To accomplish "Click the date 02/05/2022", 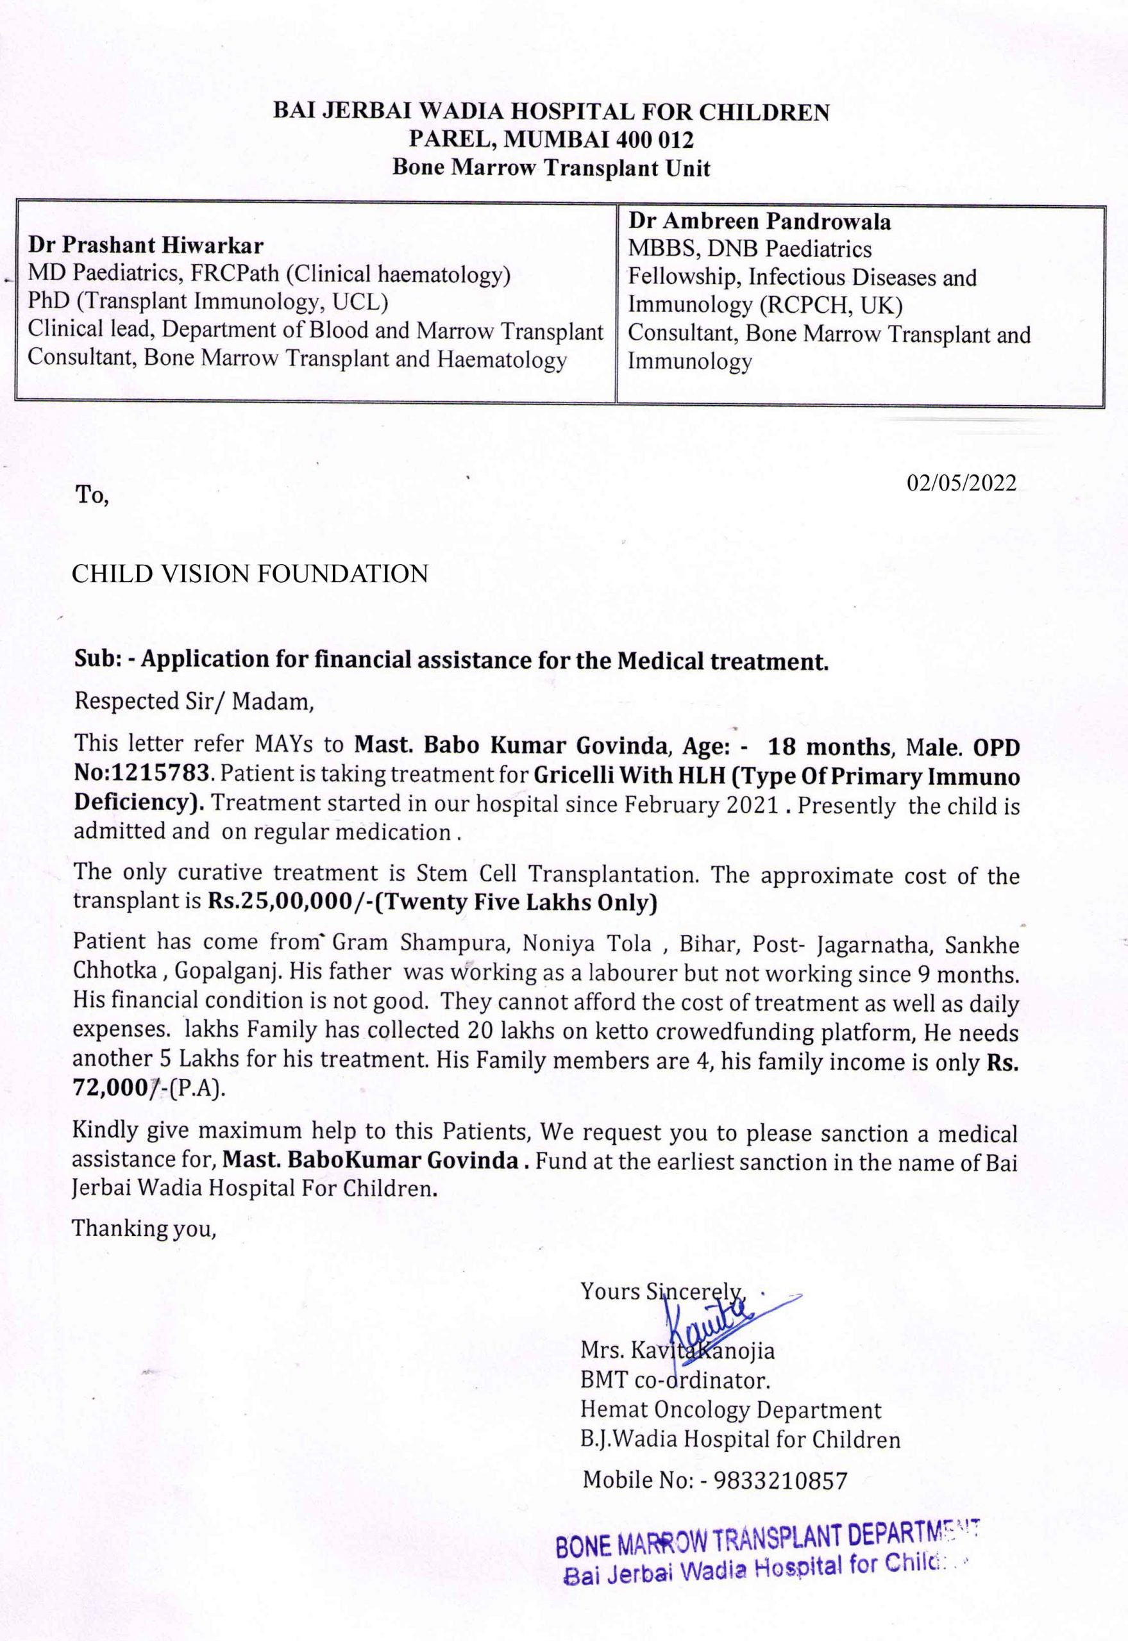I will click(961, 483).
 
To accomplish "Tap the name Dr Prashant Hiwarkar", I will click(146, 245).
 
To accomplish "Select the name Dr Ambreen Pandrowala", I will click(759, 222).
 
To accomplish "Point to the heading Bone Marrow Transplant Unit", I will click(551, 168).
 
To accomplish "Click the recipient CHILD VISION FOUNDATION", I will click(250, 573).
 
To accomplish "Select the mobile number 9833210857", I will click(780, 1480).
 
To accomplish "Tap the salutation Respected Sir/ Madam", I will click(194, 701).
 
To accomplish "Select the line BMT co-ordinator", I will click(675, 1379).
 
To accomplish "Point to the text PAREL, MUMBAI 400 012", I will click(551, 139).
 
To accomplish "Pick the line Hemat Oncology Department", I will click(731, 1410).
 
